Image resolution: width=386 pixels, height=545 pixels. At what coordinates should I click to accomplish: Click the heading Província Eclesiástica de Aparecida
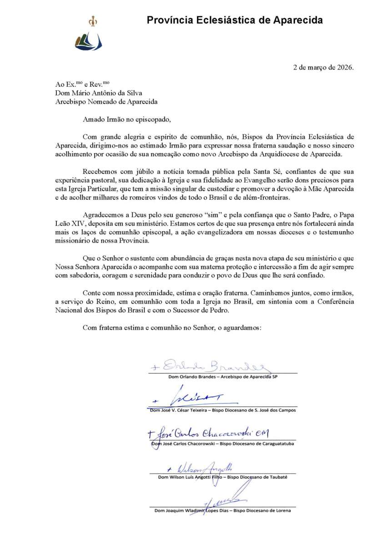[235, 20]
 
